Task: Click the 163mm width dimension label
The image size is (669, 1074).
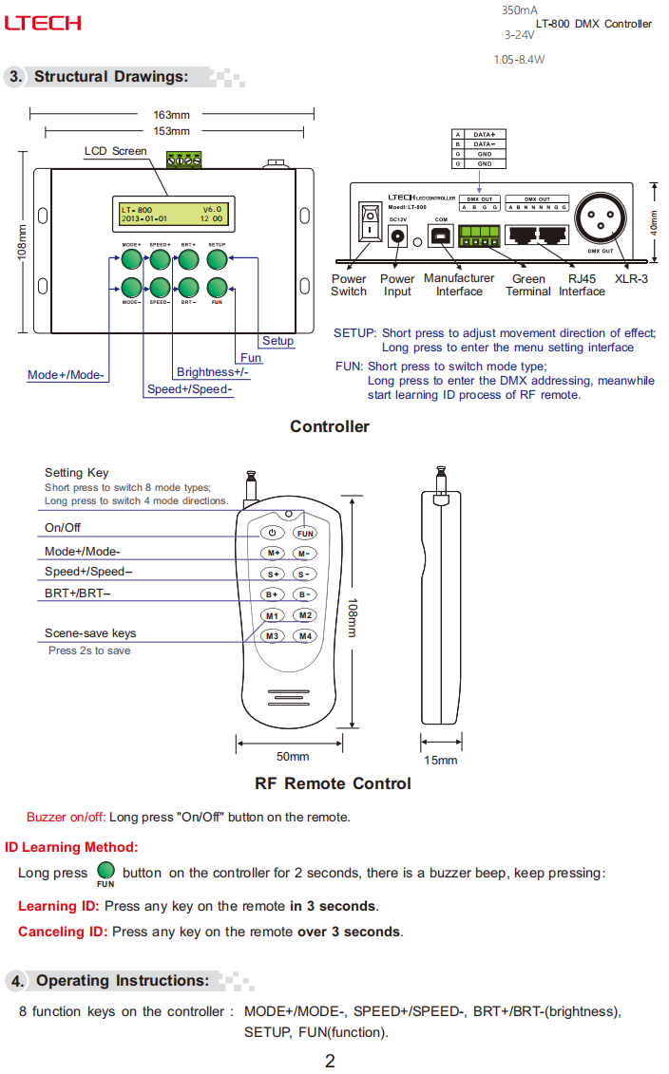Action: [172, 115]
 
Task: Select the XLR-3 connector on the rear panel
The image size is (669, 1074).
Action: [601, 225]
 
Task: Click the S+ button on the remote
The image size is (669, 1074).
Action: [273, 574]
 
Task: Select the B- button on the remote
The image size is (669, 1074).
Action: [304, 594]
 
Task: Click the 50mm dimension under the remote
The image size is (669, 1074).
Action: [293, 756]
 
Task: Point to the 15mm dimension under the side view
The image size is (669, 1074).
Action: [440, 760]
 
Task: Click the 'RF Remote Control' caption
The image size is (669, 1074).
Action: [333, 783]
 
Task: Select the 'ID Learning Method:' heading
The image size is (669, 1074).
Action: [71, 847]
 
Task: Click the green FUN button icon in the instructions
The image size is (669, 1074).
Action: [105, 871]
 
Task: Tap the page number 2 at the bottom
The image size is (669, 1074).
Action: [330, 1061]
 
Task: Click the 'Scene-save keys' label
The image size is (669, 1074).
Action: [90, 633]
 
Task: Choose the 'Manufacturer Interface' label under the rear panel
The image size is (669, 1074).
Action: [459, 285]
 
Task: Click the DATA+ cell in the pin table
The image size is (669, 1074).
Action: [485, 135]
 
